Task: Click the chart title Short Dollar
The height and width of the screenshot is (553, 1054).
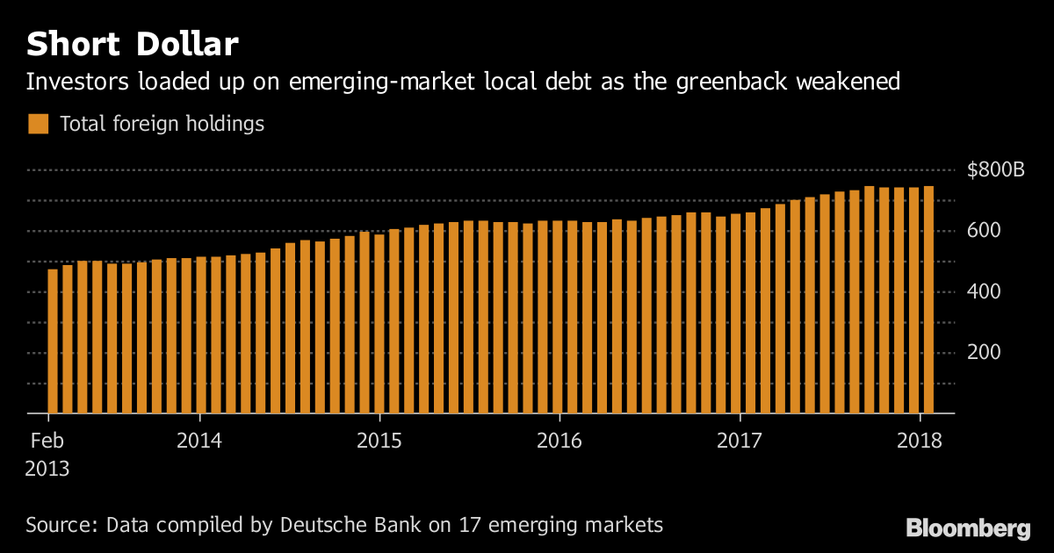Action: [x=132, y=43]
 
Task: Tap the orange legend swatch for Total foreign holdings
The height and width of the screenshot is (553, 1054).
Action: [x=38, y=124]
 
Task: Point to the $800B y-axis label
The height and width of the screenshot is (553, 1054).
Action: [x=995, y=170]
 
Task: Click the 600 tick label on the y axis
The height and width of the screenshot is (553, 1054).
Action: [x=983, y=231]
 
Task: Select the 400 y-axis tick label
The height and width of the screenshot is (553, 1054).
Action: [x=983, y=291]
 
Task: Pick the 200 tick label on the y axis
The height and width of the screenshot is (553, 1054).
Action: [x=983, y=352]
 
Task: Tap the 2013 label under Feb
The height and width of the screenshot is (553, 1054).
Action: [x=47, y=469]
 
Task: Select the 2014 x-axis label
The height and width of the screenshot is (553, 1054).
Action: [x=199, y=440]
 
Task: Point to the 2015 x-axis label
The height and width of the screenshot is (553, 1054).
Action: [x=379, y=440]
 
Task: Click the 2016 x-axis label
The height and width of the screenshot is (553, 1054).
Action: [x=559, y=440]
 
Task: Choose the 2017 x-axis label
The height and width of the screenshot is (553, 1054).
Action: [x=740, y=440]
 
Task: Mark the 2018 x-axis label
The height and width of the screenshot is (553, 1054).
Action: [x=920, y=440]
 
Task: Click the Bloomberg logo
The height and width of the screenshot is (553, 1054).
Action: [x=968, y=528]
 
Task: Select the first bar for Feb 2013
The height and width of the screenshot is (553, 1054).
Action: [x=53, y=341]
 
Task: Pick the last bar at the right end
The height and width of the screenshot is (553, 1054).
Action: [x=928, y=299]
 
